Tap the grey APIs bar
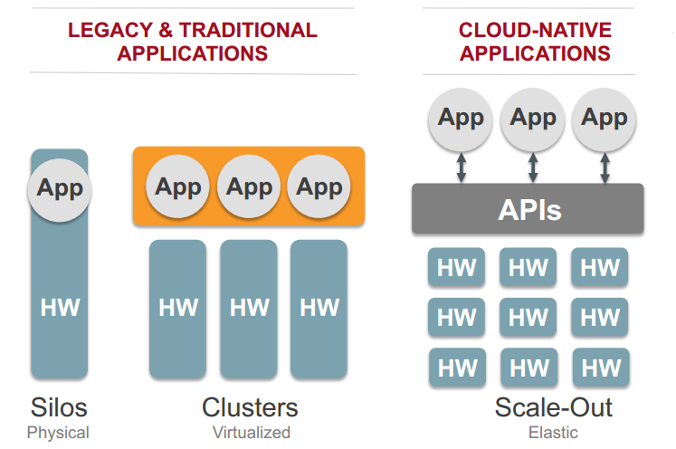528,210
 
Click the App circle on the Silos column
60,189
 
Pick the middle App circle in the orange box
249,187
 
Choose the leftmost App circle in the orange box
178,187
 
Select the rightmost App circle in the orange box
319,187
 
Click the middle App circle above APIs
533,118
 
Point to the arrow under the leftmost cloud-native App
462,167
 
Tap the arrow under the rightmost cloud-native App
605,167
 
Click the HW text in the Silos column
60,307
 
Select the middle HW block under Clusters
249,308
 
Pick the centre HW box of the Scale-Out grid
528,317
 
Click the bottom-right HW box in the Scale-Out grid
600,368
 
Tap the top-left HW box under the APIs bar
457,267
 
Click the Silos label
58,406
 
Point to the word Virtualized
251,432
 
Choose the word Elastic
553,432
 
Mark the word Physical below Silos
58,432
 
